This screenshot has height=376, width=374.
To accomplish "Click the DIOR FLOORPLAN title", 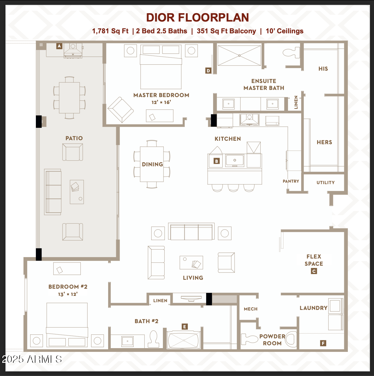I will coord(197,18).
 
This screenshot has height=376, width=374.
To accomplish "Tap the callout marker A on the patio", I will coord(59,46).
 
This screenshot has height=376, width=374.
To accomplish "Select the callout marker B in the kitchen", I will coord(217,161).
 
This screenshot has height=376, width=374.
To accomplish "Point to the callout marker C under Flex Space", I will coord(314,271).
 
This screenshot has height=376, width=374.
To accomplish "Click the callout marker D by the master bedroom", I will coord(208,71).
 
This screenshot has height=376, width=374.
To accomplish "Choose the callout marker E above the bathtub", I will coord(185,327).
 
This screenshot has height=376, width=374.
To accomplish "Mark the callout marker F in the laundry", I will coord(323,343).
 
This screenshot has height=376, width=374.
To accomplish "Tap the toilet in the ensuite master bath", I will coord(291,53).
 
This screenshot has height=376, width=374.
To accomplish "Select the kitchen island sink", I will coord(235,160).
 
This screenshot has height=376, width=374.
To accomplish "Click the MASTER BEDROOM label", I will coord(161,95).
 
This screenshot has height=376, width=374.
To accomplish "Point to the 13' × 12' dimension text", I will coord(68,294).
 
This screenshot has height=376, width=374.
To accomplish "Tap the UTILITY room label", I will coord(326,183).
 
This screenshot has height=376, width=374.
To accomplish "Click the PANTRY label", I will coord(291,181).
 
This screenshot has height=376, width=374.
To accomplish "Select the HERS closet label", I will coord(324,142).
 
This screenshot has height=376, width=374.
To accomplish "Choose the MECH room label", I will coord(251,309).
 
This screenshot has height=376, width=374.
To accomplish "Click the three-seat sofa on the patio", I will coord(53,192).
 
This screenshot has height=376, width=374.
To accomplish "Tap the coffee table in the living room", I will coord(191,263).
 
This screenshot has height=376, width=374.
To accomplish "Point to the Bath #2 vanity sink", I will coord(127,341).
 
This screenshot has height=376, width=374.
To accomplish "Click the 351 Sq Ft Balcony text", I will coord(226,31).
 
